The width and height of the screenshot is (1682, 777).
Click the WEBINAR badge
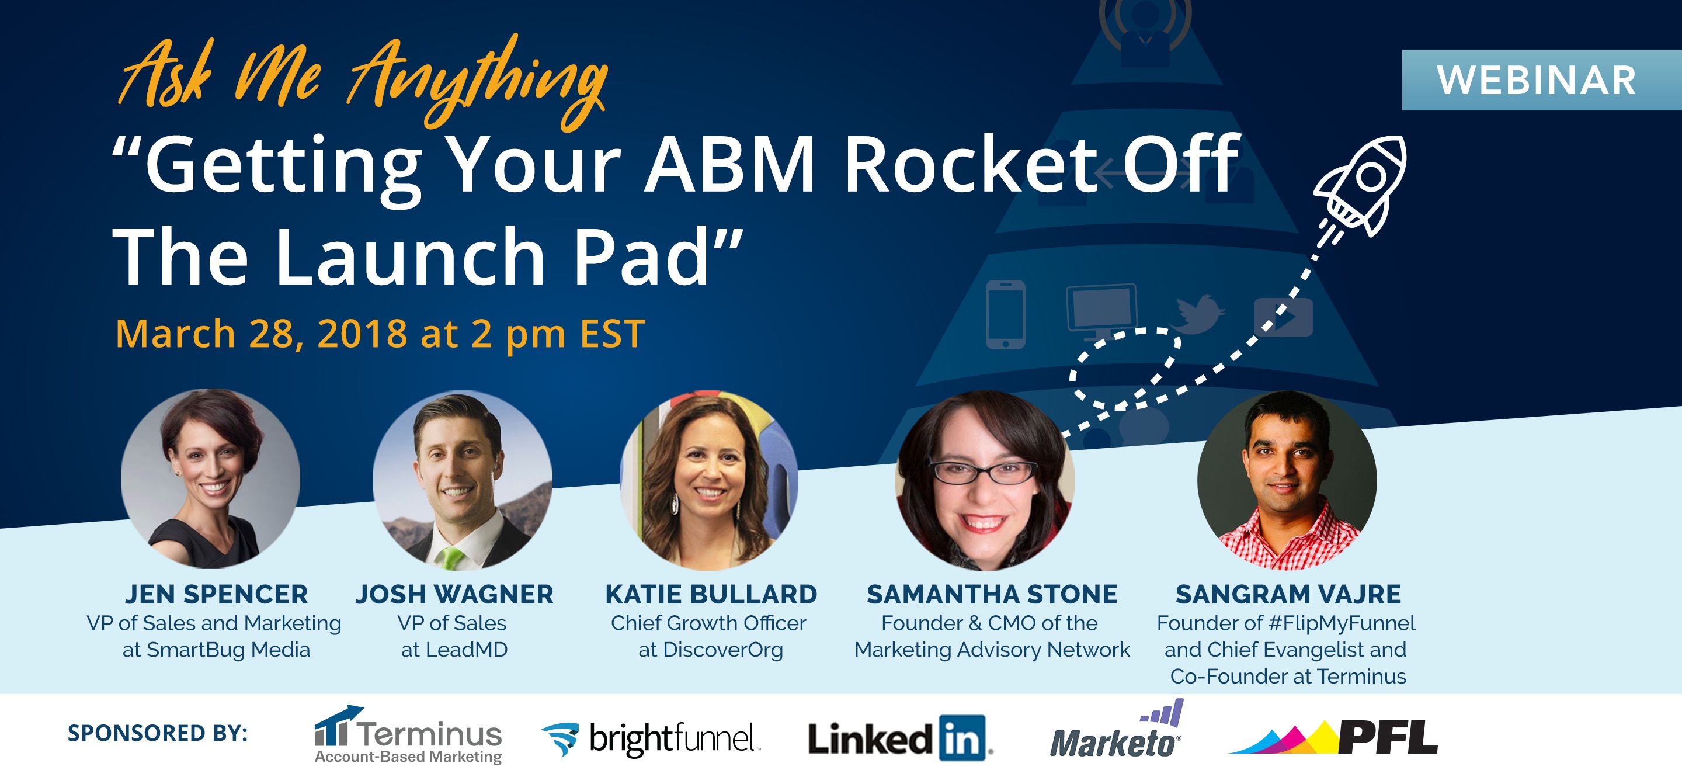1542,79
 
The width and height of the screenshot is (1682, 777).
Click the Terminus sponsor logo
408,734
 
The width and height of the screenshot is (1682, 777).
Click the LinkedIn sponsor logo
901,738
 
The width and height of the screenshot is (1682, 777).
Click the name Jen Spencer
216,594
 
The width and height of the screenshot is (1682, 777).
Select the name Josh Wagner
454,594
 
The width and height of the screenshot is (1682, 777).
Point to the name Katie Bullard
711,594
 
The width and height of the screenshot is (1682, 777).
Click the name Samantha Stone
992,594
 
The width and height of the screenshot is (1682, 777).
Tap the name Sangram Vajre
1288,594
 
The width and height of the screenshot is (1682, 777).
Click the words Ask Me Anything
362,82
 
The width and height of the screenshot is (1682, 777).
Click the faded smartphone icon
1006,314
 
